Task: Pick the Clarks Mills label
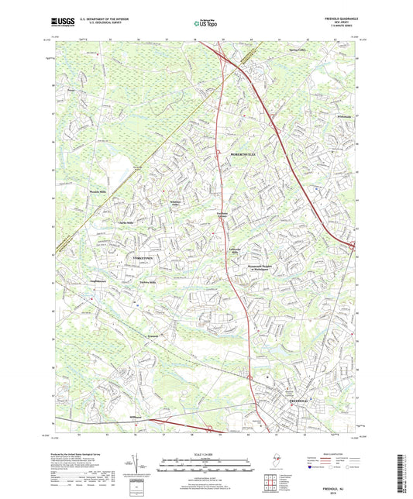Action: point(126,222)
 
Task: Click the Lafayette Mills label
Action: point(237,250)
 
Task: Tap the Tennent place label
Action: point(154,336)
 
